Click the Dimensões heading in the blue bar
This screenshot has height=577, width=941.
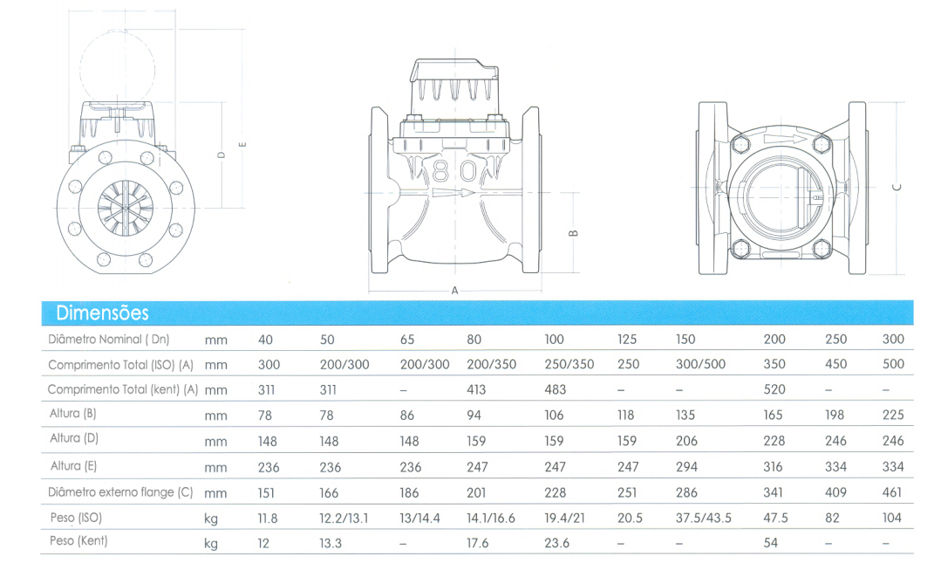(102, 313)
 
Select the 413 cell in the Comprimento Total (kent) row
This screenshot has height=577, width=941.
(476, 389)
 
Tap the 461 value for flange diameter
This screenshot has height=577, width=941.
(892, 492)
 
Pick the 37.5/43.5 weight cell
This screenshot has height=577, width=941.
(703, 518)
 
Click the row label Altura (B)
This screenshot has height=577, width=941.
(72, 414)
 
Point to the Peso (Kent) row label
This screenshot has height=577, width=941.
(78, 541)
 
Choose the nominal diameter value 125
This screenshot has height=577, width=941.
(626, 340)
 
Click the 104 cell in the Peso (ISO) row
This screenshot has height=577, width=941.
(892, 518)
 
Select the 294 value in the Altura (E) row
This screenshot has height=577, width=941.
(686, 466)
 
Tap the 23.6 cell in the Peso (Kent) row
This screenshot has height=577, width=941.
(556, 543)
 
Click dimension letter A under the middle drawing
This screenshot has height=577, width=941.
(455, 291)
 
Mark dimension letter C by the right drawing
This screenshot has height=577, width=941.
(897, 188)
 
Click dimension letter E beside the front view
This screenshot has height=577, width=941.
(242, 144)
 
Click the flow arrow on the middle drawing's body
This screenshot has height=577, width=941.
(453, 193)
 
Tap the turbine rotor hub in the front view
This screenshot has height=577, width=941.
(126, 208)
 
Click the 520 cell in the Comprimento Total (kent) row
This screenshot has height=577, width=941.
(774, 389)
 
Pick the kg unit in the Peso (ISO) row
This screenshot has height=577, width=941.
(211, 519)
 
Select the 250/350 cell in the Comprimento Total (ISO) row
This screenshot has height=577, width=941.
(569, 365)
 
